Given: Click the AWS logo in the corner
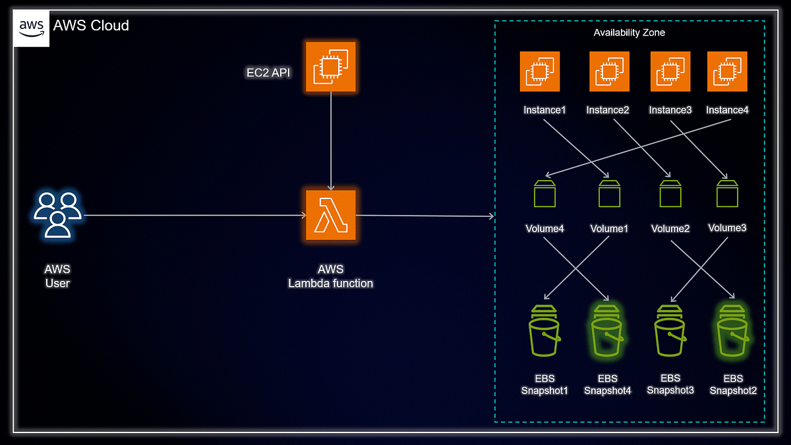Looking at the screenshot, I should point(31,28).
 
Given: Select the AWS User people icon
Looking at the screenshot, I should point(58,214).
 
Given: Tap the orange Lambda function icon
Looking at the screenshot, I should point(330,216).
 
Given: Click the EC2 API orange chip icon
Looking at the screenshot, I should point(330,67).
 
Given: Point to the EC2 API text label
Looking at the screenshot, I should point(268,73).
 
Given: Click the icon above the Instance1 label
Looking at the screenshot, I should point(539,72).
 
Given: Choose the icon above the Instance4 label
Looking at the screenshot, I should point(726,72).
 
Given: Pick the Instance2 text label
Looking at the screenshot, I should point(607,110).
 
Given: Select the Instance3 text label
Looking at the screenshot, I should point(670,110).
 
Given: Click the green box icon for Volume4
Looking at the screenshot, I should point(544,193).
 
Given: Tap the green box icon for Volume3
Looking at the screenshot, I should point(727,193).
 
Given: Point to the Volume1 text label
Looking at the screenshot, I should point(608,229).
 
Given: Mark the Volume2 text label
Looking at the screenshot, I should point(670,229).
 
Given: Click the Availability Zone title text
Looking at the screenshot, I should point(629,32).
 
